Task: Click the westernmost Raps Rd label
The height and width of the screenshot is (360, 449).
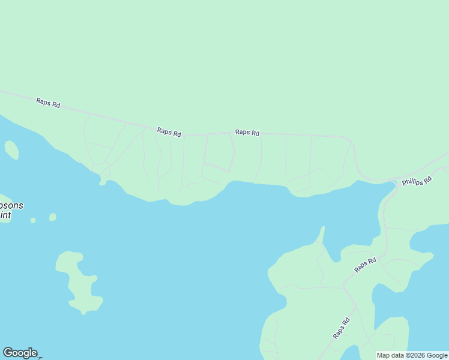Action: click(x=48, y=103)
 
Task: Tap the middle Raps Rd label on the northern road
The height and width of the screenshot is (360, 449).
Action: click(x=169, y=132)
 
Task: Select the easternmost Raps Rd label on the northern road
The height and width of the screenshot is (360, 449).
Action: click(x=247, y=133)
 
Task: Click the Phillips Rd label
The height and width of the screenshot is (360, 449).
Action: click(x=417, y=180)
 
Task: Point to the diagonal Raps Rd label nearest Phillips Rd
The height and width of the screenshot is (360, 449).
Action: click(x=365, y=265)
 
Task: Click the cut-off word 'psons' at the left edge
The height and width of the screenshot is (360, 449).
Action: click(x=11, y=205)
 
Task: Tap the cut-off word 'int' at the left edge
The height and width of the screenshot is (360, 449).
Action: click(x=5, y=215)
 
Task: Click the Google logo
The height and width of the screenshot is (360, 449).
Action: click(x=20, y=353)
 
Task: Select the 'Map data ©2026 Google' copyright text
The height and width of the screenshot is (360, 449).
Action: click(x=412, y=355)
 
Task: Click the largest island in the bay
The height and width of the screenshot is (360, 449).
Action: click(x=77, y=279)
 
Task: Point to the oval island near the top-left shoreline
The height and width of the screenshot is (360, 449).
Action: click(x=11, y=149)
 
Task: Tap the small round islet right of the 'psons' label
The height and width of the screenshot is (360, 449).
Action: click(x=53, y=217)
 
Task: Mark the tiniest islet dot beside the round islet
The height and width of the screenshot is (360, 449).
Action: click(x=33, y=220)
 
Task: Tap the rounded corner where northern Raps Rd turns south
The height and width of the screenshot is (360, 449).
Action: click(x=349, y=140)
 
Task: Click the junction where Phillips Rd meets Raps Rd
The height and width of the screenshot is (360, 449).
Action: click(x=393, y=182)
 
